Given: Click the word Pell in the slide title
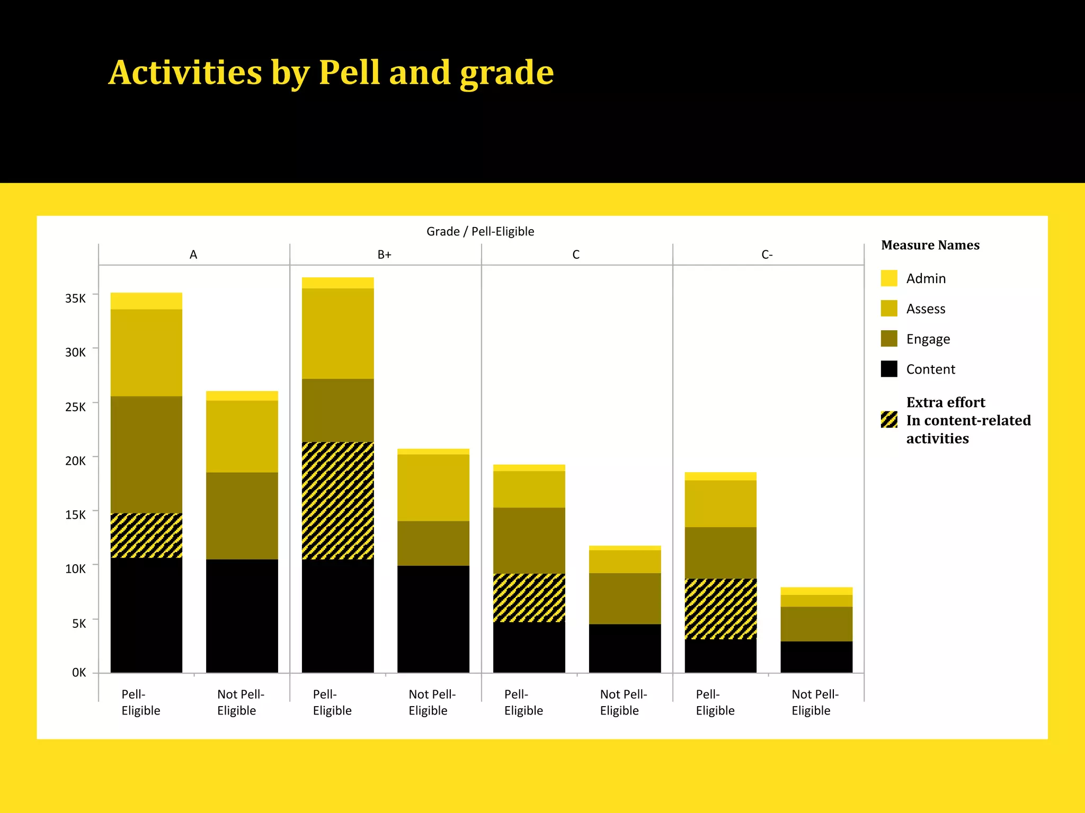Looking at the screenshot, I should pos(349,73).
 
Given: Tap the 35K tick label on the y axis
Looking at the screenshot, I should pos(75,299).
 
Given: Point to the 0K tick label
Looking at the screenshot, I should pos(79,673).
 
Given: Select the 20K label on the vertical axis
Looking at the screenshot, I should pos(75,461).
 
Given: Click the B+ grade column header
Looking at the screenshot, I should pos(385,255).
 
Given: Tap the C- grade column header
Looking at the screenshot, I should pos(767,255).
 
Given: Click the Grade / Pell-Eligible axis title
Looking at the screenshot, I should pos(480,231).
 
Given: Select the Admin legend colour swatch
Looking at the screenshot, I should pos(889,278).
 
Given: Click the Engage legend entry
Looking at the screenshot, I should pos(928,339).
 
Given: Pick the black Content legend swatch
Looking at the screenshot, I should pos(889,369).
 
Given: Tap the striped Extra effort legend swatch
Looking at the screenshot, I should pos(889,420).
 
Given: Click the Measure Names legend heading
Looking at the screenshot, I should pos(930,245).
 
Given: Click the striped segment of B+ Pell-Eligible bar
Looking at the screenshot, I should pos(337,500).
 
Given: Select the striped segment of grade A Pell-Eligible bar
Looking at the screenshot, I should pos(146,535).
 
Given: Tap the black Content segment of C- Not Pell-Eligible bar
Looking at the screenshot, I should pos(816,657).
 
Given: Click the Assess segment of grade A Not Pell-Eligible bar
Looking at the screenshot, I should pos(242,436).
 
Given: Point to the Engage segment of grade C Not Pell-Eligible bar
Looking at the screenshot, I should pos(625,598).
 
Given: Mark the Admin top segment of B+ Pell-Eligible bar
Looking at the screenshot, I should pos(337,283).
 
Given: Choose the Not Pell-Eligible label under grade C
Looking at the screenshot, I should pos(623,702).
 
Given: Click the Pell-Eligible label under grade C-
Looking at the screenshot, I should pos(715,702).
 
